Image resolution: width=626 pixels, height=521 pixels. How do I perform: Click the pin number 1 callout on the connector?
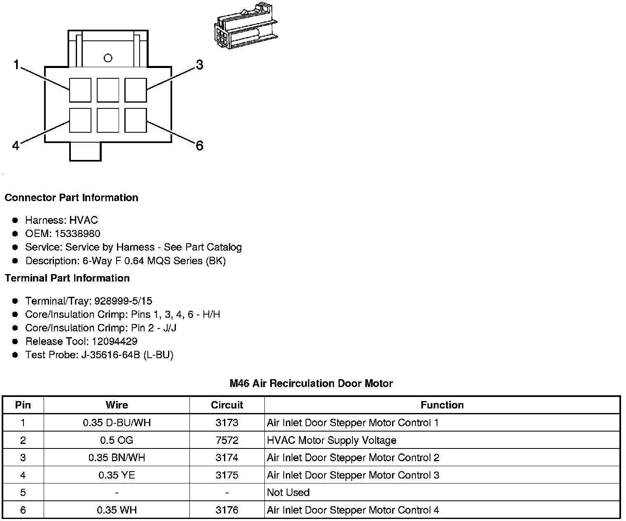[16, 65]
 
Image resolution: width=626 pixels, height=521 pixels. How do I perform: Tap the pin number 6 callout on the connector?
[199, 146]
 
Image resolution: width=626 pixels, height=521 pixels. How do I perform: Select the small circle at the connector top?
[108, 58]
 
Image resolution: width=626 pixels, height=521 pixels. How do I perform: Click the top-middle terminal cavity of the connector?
[108, 90]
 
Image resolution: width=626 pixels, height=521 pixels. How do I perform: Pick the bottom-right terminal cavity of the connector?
[135, 120]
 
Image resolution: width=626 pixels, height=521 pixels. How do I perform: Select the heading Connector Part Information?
[71, 197]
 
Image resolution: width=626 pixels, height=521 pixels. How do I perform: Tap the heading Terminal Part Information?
[67, 278]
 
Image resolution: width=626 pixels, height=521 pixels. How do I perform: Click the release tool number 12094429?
[114, 341]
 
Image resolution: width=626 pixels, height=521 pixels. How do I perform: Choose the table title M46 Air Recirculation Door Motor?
[311, 383]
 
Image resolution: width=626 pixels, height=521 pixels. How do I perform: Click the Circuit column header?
[227, 405]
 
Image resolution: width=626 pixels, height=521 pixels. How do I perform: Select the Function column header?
[442, 405]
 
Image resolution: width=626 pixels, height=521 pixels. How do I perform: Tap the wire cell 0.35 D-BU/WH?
[117, 422]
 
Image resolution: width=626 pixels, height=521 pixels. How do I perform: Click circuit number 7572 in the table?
[227, 440]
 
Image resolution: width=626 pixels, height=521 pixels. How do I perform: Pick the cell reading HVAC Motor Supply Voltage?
[332, 440]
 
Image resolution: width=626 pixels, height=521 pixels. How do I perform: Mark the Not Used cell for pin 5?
[288, 492]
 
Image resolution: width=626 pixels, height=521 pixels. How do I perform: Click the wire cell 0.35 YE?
[117, 475]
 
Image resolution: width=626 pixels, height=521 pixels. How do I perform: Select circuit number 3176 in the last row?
[227, 510]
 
